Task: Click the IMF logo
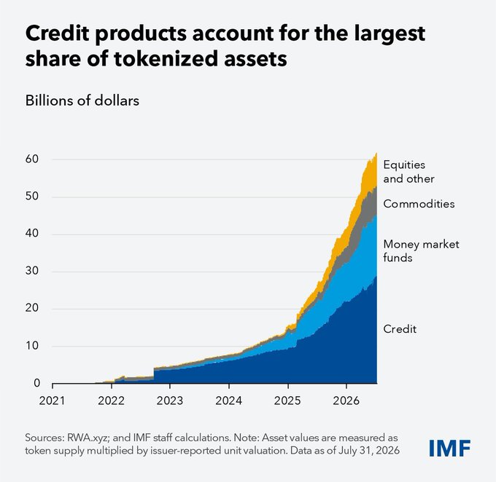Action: click(x=449, y=449)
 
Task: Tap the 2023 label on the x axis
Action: click(x=170, y=401)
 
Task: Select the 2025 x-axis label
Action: click(x=287, y=401)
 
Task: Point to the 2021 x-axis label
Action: click(x=52, y=401)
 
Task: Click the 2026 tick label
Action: click(x=346, y=401)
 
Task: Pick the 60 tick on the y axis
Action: click(x=32, y=159)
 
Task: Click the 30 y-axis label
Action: click(x=32, y=271)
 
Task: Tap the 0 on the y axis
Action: click(x=37, y=383)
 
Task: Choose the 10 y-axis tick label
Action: click(x=32, y=346)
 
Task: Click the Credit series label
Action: click(x=400, y=329)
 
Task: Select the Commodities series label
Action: click(x=419, y=204)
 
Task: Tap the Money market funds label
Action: click(x=421, y=250)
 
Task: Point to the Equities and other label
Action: click(x=408, y=172)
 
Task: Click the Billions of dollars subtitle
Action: click(x=82, y=100)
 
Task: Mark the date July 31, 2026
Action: click(x=369, y=450)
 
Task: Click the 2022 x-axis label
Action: click(x=111, y=401)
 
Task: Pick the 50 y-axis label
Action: click(x=32, y=196)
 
